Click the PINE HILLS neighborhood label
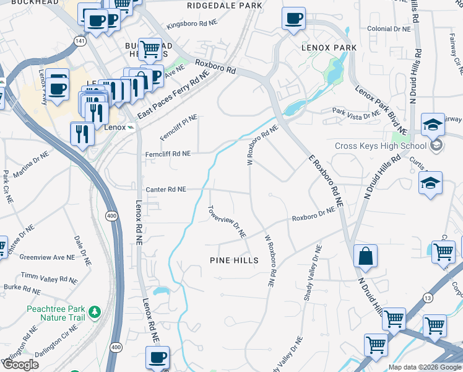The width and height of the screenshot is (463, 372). [234, 260]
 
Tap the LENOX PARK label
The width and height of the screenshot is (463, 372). [329, 47]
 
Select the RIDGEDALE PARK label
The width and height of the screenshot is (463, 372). [225, 5]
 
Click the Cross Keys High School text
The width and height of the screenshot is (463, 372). [380, 146]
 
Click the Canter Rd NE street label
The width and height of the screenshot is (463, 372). [165, 190]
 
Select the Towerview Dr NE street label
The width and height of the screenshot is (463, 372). [227, 222]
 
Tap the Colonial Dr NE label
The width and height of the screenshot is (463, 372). [388, 29]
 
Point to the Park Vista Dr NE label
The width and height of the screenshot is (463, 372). [356, 113]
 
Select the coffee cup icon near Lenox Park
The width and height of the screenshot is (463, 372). [293, 18]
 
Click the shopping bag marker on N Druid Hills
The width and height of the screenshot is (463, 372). [366, 255]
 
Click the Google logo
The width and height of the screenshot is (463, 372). [20, 365]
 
